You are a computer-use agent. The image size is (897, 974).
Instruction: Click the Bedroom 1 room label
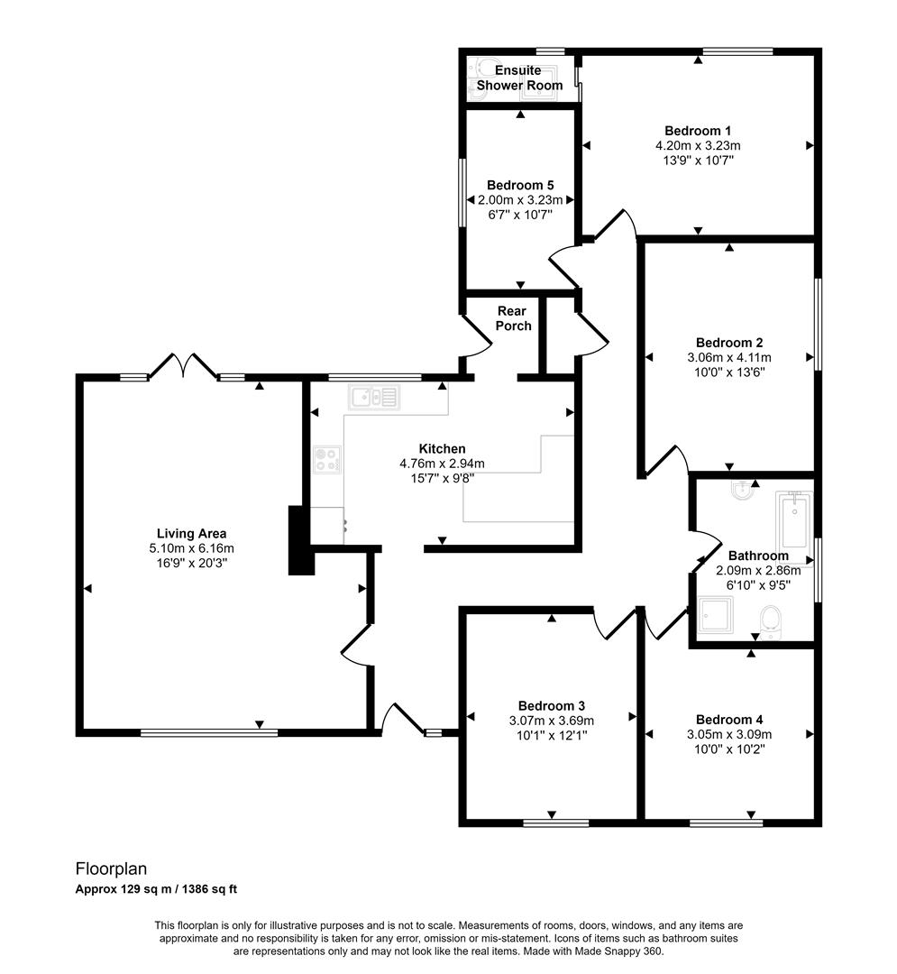click(x=698, y=130)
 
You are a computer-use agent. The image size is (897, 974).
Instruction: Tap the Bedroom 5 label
click(x=518, y=185)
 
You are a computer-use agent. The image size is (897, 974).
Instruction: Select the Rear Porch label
click(x=514, y=318)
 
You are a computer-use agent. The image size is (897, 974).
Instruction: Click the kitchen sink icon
click(x=374, y=396)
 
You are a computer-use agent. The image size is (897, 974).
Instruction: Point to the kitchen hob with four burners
click(x=325, y=460)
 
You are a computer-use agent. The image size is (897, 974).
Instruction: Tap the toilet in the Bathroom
click(x=769, y=621)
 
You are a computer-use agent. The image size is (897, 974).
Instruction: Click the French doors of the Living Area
click(x=184, y=365)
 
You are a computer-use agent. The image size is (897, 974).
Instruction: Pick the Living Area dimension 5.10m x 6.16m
click(x=190, y=547)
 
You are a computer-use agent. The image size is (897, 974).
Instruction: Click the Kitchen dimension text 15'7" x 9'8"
click(x=442, y=478)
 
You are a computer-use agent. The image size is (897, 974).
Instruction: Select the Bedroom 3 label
click(x=552, y=705)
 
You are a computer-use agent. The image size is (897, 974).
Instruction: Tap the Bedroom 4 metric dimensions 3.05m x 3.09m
click(x=729, y=734)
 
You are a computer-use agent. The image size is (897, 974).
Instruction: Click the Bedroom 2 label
click(x=729, y=343)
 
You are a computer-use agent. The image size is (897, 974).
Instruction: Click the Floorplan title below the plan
click(x=110, y=868)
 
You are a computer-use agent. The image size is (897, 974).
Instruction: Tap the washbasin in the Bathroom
click(x=742, y=492)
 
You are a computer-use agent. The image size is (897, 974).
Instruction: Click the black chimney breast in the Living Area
click(x=298, y=540)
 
